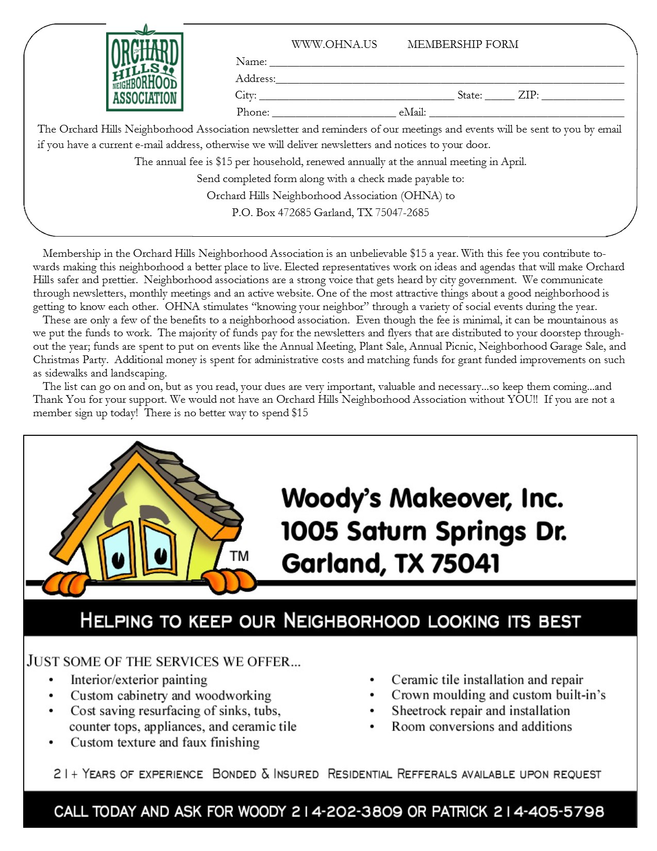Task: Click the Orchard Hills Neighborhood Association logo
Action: (x=145, y=69)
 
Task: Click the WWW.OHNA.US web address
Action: (x=334, y=44)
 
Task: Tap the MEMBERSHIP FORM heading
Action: (x=463, y=44)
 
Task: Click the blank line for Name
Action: (x=446, y=64)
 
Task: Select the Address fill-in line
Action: (x=449, y=81)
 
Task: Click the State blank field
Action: (x=499, y=97)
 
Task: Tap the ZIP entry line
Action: (x=582, y=97)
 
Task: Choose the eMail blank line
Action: (x=526, y=114)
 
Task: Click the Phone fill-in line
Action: (x=333, y=114)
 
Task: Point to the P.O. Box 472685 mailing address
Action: (x=330, y=212)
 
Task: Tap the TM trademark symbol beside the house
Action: (x=239, y=556)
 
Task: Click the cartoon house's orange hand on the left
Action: (x=64, y=584)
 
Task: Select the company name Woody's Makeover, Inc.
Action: (x=422, y=498)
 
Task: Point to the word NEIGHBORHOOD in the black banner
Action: (x=351, y=620)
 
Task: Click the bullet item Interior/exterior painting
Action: (x=139, y=680)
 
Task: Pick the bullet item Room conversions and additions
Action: (x=481, y=727)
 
